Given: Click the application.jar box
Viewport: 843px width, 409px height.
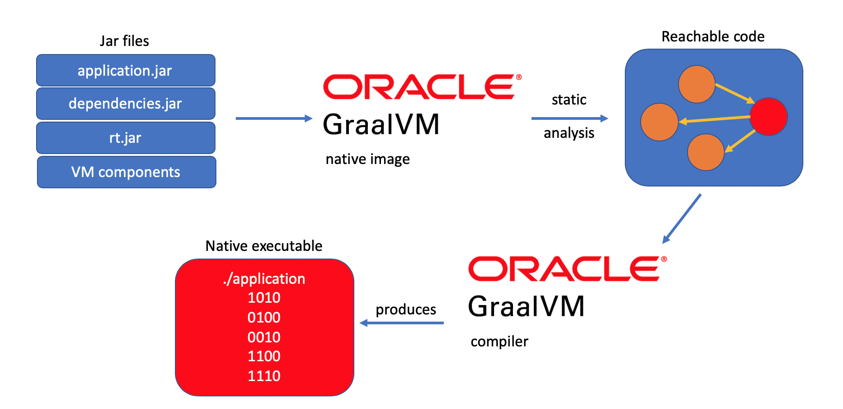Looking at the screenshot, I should [125, 71].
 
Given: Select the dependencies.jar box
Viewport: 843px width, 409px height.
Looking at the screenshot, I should [125, 104].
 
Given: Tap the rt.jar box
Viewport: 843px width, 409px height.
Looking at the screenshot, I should [125, 138].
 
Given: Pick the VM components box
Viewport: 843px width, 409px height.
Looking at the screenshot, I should [126, 172].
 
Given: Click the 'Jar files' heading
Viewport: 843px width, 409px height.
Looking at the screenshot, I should [124, 41].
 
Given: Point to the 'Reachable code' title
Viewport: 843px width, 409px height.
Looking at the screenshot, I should [713, 36].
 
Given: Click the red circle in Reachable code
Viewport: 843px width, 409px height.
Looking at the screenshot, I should [769, 117].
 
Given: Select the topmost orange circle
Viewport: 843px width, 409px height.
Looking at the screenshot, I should [696, 84].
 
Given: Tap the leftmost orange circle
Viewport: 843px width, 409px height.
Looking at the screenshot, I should [659, 122].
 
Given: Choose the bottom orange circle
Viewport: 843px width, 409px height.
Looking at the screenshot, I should [706, 152].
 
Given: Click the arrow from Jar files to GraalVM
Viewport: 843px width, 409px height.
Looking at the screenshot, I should [274, 118].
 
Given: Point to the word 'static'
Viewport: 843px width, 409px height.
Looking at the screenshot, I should [569, 100].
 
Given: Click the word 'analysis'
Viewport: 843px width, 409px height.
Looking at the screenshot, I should [569, 133].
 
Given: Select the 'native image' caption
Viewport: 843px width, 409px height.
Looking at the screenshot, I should [367, 159].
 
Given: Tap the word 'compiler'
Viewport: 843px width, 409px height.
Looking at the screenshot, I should [499, 341].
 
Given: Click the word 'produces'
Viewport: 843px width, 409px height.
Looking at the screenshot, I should [406, 309].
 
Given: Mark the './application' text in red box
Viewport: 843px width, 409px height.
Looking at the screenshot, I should [264, 279].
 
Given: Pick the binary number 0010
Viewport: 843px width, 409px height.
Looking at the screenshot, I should [264, 337].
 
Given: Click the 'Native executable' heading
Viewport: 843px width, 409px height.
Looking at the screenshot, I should [264, 246].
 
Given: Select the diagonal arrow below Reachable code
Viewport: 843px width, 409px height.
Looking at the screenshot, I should [682, 219].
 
